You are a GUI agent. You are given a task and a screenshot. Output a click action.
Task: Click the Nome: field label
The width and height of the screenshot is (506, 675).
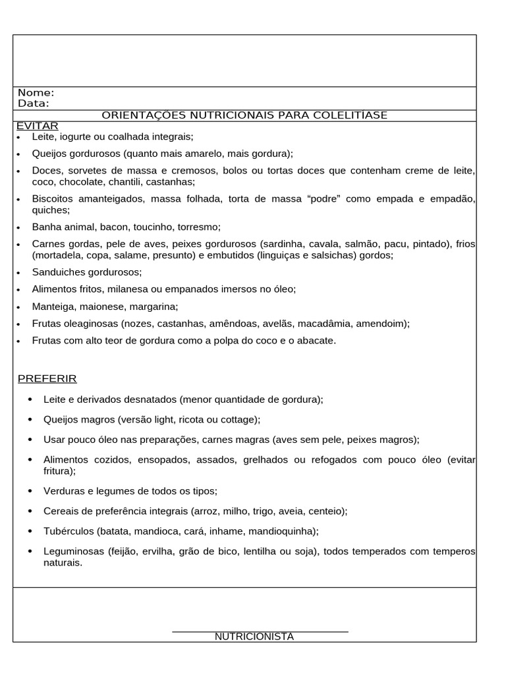(x=36, y=93)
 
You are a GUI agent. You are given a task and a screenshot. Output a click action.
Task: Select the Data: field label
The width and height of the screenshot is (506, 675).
(x=33, y=103)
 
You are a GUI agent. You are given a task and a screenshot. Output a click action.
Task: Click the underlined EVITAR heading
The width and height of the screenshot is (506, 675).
(x=38, y=126)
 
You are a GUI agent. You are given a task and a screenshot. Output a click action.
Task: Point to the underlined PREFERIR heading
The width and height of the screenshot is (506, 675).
(x=47, y=378)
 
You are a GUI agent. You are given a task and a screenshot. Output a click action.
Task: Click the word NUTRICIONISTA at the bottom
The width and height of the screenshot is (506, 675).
(x=254, y=637)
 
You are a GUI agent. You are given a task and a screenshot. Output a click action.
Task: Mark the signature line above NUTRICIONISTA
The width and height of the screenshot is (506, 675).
(x=260, y=631)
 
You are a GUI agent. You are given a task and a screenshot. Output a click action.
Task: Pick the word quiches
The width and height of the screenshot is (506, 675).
(x=50, y=210)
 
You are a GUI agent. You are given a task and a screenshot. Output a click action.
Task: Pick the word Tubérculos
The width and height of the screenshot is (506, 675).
(x=69, y=531)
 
